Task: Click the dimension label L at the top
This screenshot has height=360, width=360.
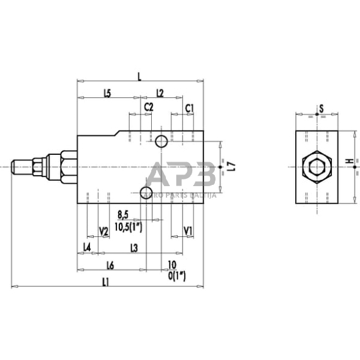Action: pyautogui.click(x=140, y=77)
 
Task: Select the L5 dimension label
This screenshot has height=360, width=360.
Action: pyautogui.click(x=107, y=94)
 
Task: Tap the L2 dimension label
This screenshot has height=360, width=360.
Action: pyautogui.click(x=160, y=94)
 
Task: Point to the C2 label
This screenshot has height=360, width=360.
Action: pyautogui.click(x=148, y=107)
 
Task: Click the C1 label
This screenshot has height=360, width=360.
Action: pyautogui.click(x=190, y=107)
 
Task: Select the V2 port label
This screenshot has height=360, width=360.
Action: pyautogui.click(x=103, y=231)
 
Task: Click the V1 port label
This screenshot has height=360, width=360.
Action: pyautogui.click(x=189, y=231)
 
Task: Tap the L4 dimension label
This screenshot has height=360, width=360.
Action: pyautogui.click(x=87, y=247)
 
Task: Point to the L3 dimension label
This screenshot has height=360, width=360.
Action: pyautogui.click(x=135, y=247)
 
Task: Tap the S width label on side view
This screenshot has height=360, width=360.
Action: pyautogui.click(x=321, y=110)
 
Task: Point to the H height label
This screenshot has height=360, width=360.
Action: pyautogui.click(x=349, y=162)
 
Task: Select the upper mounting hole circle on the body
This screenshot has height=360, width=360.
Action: pyautogui.click(x=162, y=141)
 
